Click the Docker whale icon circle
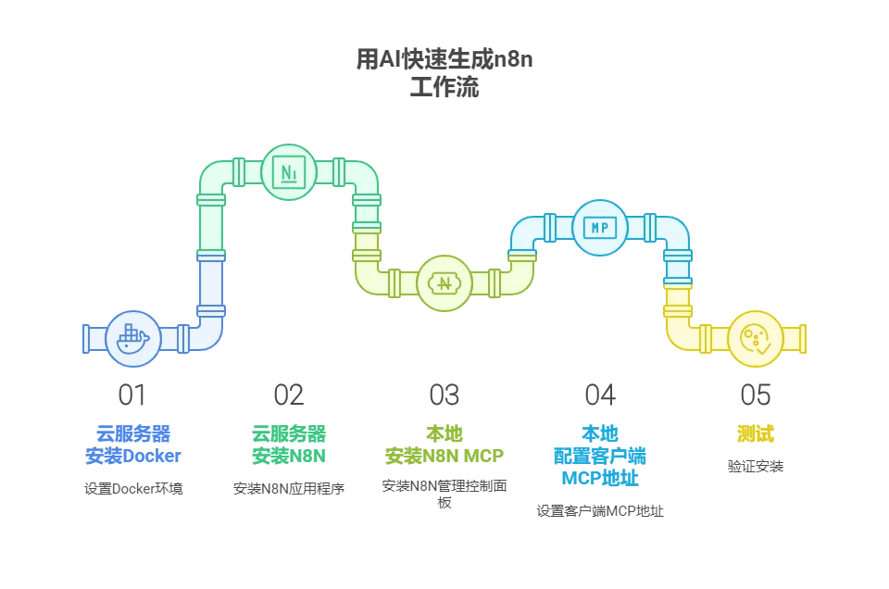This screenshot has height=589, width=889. [x=133, y=339]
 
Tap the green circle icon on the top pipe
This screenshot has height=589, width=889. [x=289, y=172]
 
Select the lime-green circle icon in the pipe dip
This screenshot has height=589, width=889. [x=444, y=282]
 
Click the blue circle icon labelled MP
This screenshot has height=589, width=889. [x=600, y=228]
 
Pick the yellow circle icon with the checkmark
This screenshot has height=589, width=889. [x=756, y=339]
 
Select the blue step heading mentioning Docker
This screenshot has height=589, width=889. [x=133, y=445]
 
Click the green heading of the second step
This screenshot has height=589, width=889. [x=289, y=445]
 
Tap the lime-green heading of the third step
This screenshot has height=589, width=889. [x=444, y=445]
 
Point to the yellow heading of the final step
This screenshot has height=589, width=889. [x=756, y=433]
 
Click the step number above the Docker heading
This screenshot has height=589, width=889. [x=133, y=393]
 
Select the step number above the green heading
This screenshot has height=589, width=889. [x=289, y=393]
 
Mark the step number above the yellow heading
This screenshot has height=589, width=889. [x=756, y=393]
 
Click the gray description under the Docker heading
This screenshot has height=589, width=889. [x=133, y=488]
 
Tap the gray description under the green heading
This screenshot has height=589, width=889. [x=289, y=488]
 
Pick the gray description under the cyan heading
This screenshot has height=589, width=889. [x=600, y=510]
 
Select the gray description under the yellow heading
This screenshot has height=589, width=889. [x=756, y=466]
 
